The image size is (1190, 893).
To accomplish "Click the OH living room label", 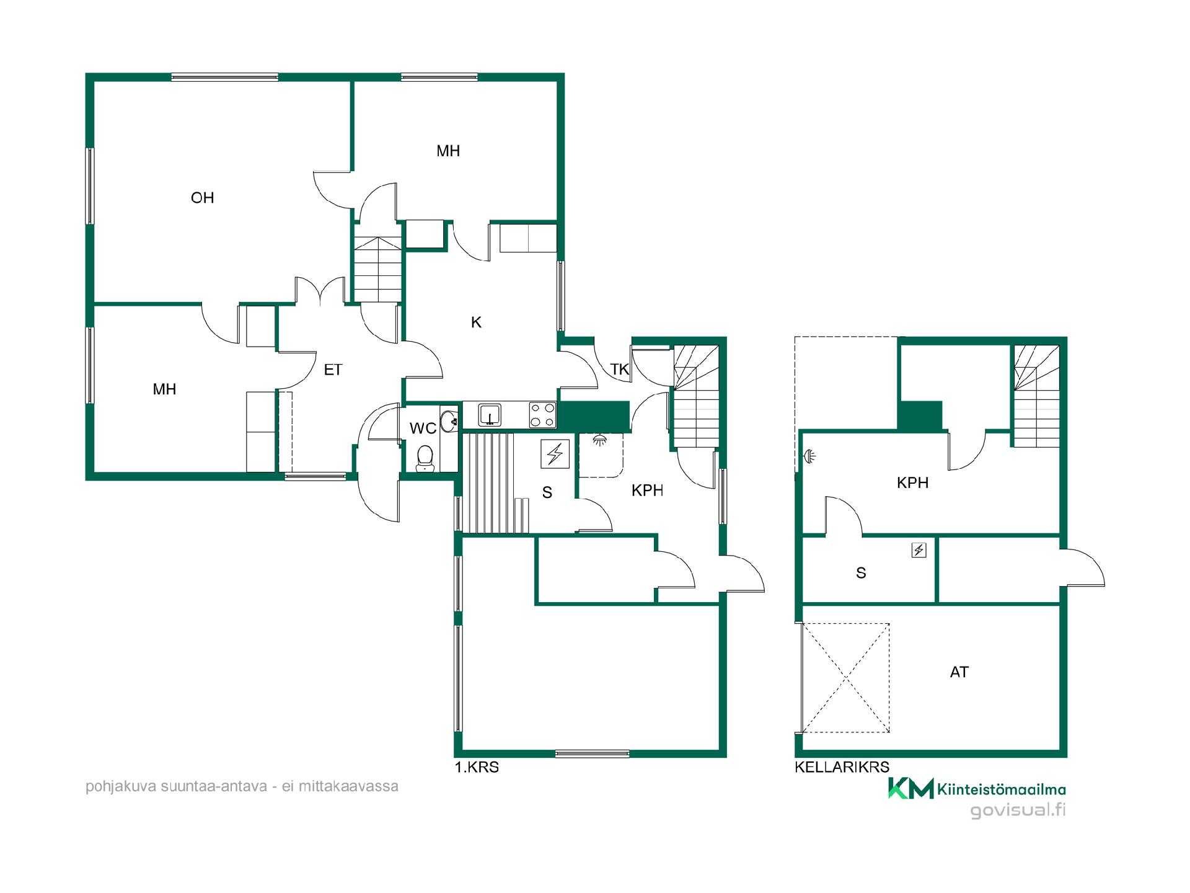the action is click(203, 198).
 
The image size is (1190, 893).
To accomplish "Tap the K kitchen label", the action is click(476, 322).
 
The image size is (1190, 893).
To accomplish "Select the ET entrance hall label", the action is click(333, 370).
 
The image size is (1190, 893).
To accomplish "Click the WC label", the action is click(423, 428).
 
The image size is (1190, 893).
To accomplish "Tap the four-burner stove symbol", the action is click(542, 415).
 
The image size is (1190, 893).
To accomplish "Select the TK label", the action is click(620, 370).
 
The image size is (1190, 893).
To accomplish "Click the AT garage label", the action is click(959, 672).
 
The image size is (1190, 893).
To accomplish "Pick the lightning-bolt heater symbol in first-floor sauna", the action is click(555, 454).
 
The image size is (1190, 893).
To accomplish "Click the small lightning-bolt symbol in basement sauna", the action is click(919, 550).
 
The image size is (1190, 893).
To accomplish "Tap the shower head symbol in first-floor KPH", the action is click(599, 440).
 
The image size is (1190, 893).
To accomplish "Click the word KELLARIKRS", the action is click(842, 767).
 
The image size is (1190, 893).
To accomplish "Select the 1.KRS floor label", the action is click(477, 767).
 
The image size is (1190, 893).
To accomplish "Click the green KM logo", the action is click(910, 788).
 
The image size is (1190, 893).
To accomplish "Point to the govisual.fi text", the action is click(1018, 811).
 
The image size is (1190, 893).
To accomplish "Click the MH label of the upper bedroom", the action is click(448, 151).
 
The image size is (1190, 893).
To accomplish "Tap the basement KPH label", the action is click(912, 482).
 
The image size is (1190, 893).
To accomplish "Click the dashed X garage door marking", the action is click(846, 678).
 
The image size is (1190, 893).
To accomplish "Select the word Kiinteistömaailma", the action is click(1002, 789).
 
